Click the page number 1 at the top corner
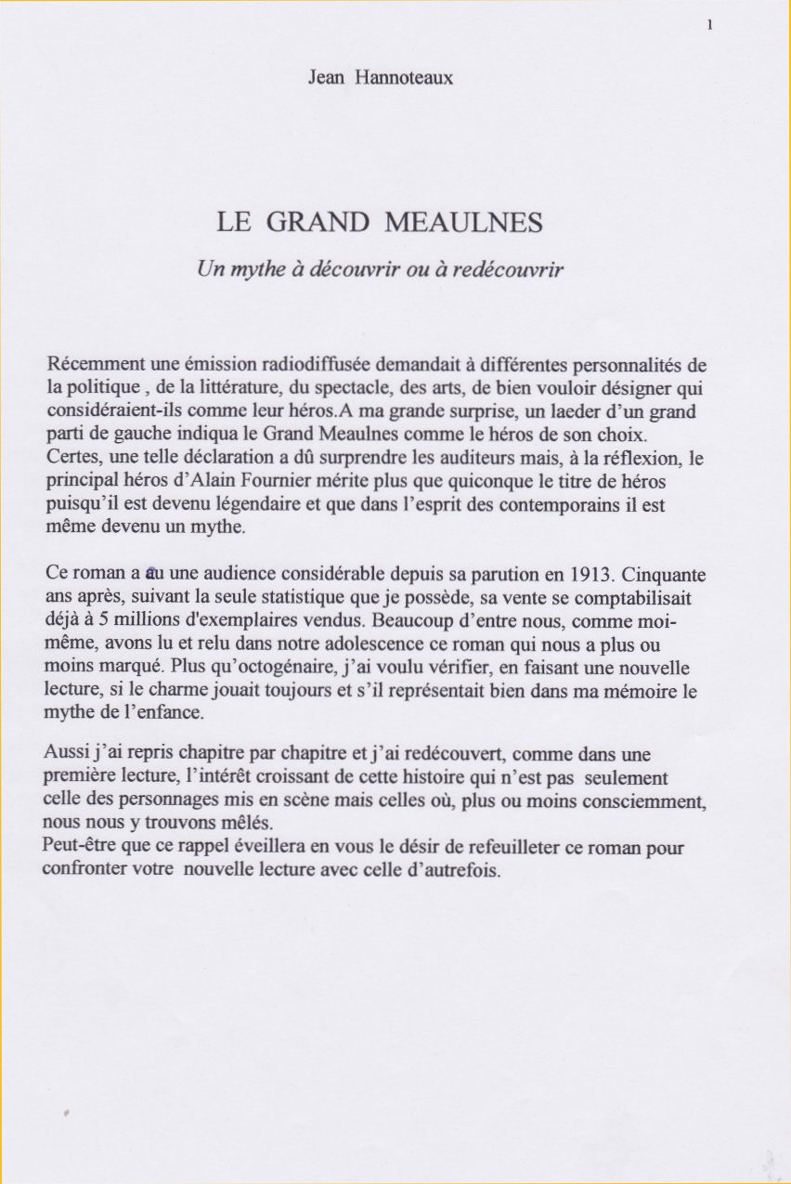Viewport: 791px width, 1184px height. coord(709,26)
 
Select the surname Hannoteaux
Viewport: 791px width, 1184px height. coord(404,78)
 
